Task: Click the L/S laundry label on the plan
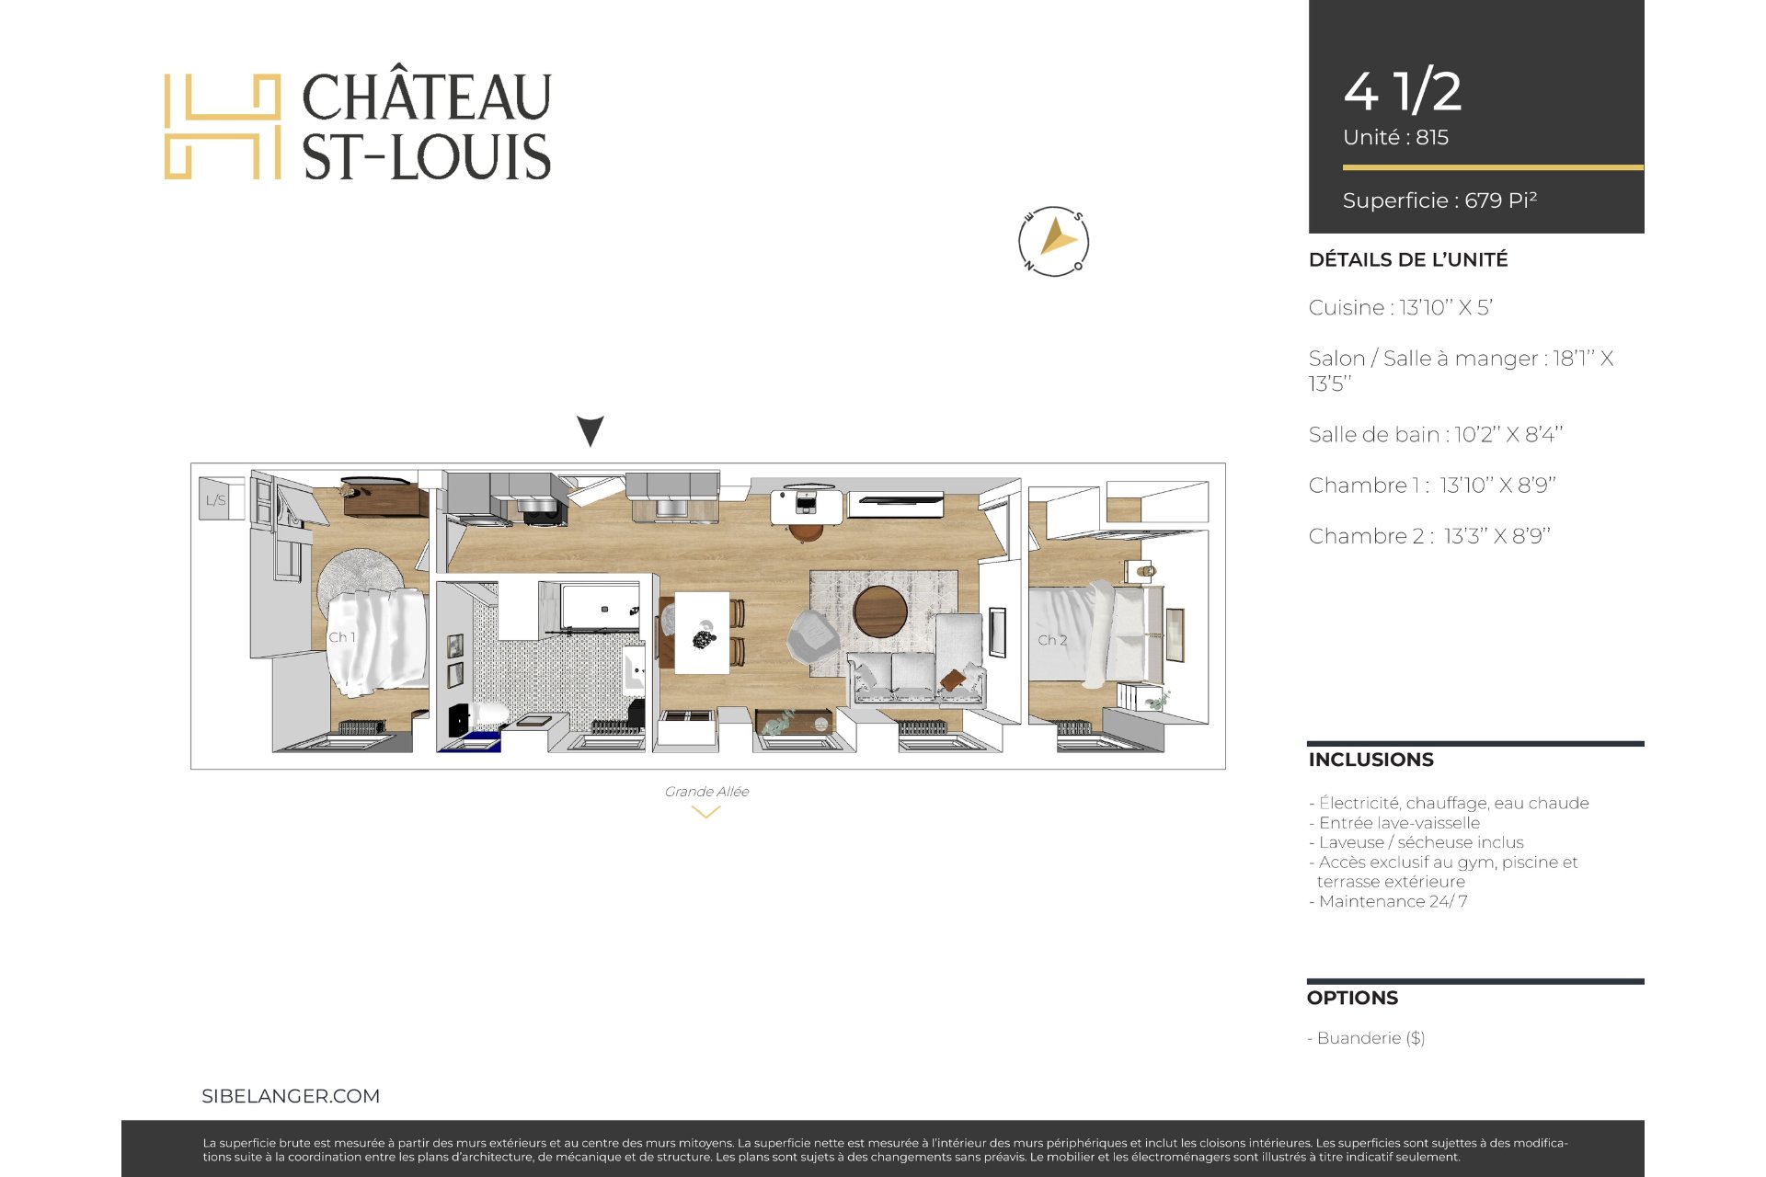[215, 500]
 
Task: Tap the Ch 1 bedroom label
[342, 637]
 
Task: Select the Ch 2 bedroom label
[1052, 640]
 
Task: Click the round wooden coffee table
[880, 611]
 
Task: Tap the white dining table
[702, 632]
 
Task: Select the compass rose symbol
[1054, 242]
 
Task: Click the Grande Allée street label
[706, 792]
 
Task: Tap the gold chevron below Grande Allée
[705, 813]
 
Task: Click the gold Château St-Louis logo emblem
[223, 127]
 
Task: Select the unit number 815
[1432, 138]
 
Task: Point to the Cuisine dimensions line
[1401, 308]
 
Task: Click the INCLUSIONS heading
[1371, 760]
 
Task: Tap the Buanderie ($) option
[1367, 1038]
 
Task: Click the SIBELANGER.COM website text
[291, 1096]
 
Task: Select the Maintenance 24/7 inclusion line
[1388, 901]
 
